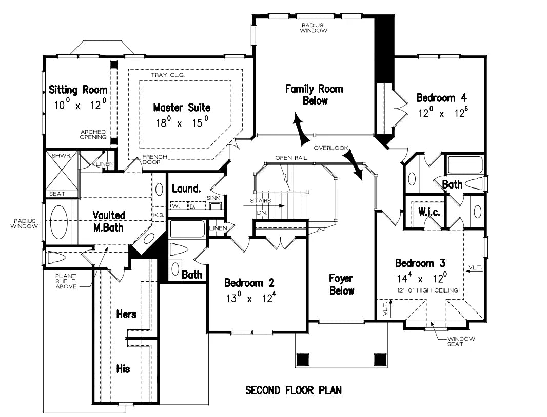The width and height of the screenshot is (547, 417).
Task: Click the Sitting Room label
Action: [x=78, y=90]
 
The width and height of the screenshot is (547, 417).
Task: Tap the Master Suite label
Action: [x=182, y=108]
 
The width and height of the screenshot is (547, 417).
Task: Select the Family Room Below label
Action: [x=314, y=95]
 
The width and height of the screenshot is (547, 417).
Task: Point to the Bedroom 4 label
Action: [x=441, y=98]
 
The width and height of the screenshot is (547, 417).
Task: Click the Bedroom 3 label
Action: [x=420, y=263]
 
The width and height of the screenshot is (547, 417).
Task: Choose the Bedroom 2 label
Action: [x=249, y=283]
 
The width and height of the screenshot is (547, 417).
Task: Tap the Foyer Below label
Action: [x=341, y=284]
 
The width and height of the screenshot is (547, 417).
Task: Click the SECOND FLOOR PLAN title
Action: [x=294, y=390]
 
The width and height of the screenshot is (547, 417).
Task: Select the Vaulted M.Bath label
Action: [x=108, y=221]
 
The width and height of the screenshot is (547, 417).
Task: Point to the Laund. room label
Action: [x=186, y=189]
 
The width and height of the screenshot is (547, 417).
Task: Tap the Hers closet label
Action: [x=126, y=314]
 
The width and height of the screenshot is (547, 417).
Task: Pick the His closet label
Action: [x=123, y=368]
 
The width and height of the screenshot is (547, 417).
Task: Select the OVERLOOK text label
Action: [x=331, y=148]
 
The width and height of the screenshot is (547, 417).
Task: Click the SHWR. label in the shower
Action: [x=56, y=154]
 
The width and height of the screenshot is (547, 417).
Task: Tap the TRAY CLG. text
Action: [x=167, y=75]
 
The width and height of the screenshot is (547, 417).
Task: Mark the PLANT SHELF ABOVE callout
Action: [x=66, y=281]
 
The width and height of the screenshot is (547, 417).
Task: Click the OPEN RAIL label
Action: [x=291, y=158]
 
